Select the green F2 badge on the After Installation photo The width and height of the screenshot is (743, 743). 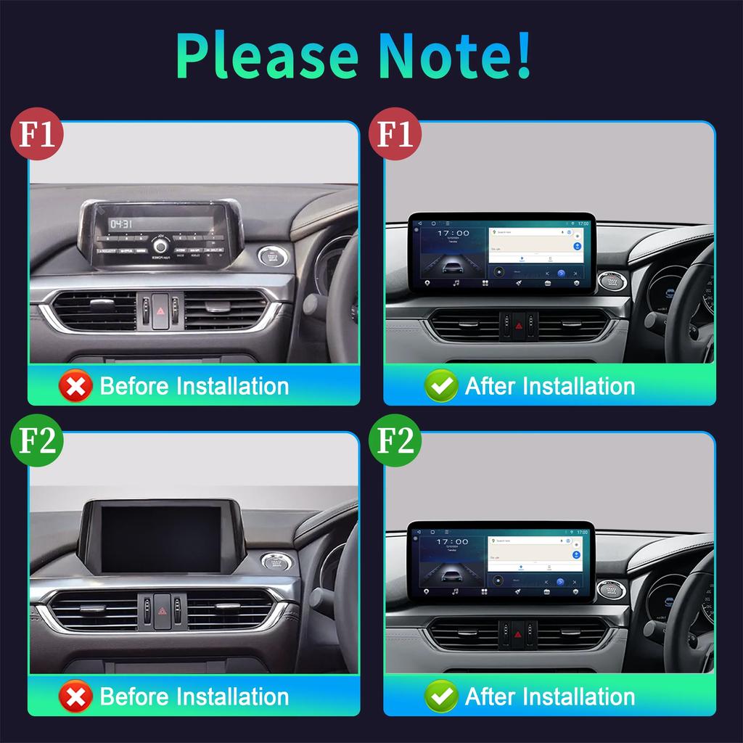(x=397, y=440)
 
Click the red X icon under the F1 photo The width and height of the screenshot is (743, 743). (x=75, y=385)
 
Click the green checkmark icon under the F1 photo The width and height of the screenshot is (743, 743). (x=441, y=385)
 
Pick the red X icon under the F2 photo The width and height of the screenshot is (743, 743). (x=75, y=697)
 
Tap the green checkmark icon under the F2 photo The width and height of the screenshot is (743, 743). (x=441, y=697)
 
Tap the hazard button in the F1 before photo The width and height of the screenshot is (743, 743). (x=160, y=310)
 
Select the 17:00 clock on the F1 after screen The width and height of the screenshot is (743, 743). (x=452, y=234)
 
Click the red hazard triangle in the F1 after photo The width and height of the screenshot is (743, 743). (x=518, y=326)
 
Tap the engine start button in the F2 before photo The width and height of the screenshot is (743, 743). (x=274, y=563)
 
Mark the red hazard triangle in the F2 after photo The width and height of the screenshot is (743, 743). (x=518, y=633)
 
